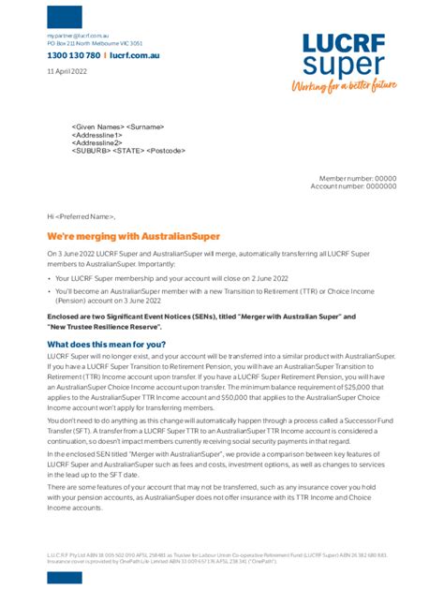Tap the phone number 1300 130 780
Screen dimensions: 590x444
click(74, 56)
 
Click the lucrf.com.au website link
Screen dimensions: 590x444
click(135, 56)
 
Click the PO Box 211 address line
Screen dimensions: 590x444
click(95, 43)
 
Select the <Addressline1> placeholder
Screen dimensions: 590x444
click(96, 135)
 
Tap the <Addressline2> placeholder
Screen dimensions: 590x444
click(96, 142)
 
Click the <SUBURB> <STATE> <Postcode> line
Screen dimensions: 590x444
click(128, 151)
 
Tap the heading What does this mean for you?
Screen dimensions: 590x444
click(106, 345)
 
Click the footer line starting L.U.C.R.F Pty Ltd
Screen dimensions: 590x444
click(215, 554)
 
